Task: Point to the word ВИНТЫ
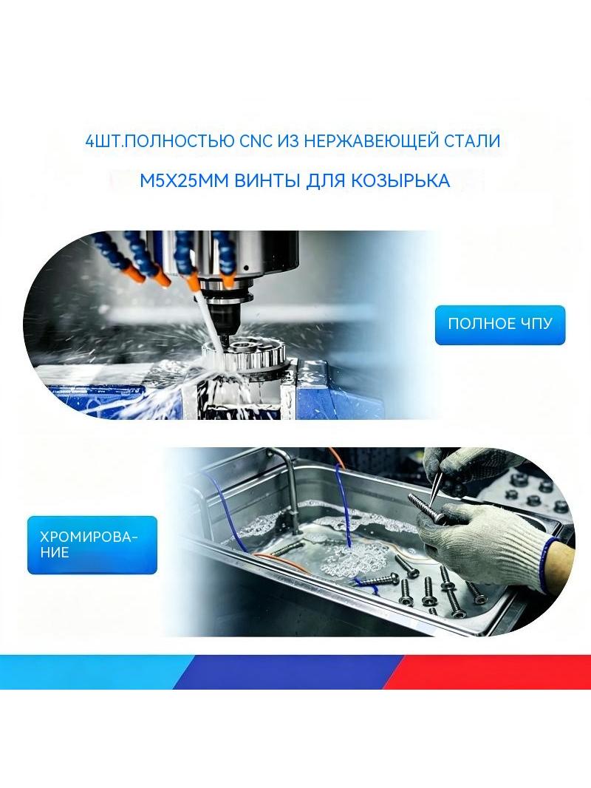pos(267,180)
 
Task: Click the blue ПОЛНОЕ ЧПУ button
pos(499,325)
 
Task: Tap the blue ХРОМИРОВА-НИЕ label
pos(92,545)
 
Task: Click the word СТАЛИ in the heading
pos(472,140)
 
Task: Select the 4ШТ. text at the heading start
pos(103,141)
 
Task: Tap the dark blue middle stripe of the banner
pos(289,671)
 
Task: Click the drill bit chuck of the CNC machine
pos(228,312)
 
